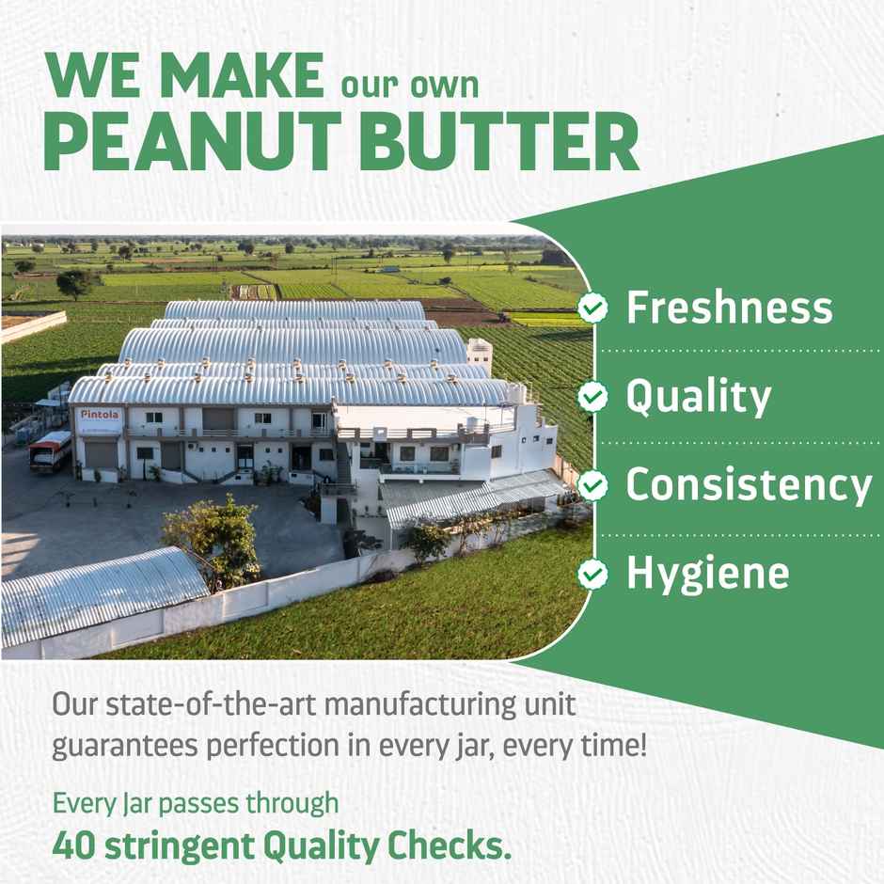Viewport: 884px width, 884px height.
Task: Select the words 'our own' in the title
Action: (x=409, y=85)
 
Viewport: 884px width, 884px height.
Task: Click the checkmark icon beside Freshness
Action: (x=592, y=308)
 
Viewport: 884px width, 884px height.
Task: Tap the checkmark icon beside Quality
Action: (x=592, y=397)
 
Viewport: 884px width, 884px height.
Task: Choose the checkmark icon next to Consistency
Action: (x=592, y=484)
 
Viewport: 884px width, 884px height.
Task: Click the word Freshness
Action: (x=730, y=308)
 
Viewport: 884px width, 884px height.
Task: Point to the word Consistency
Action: (x=749, y=484)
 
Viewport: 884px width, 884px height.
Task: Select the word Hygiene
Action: (x=707, y=574)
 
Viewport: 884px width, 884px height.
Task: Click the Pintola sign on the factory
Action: (x=99, y=415)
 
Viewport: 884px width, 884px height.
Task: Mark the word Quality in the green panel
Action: (x=698, y=398)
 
